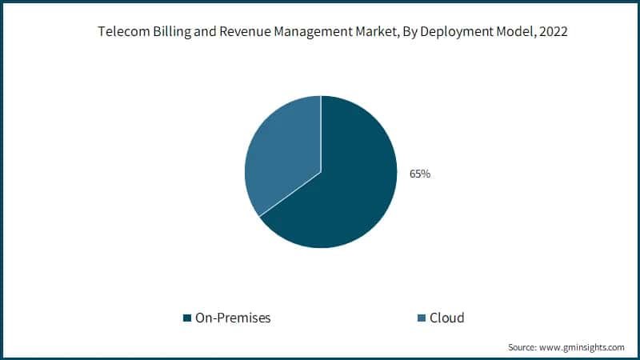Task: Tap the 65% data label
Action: tap(420, 173)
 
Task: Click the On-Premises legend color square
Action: tap(187, 318)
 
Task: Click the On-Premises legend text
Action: tap(233, 318)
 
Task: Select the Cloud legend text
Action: tap(446, 318)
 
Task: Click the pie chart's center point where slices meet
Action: tap(321, 171)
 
